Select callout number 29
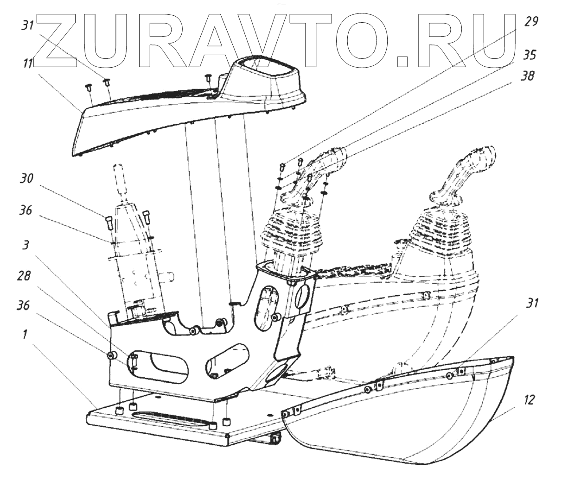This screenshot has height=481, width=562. pyautogui.click(x=531, y=21)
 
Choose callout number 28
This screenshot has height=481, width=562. pyautogui.click(x=25, y=276)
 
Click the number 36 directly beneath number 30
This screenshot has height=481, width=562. pyautogui.click(x=26, y=210)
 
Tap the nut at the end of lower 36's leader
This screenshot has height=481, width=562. pyautogui.click(x=111, y=355)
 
